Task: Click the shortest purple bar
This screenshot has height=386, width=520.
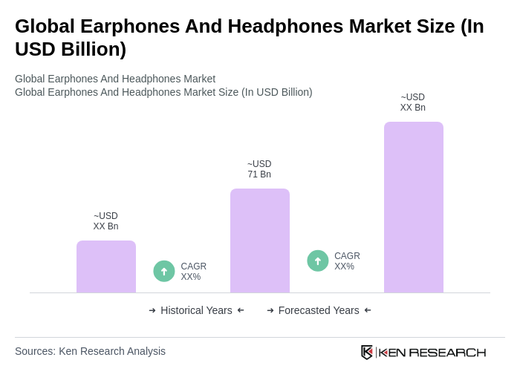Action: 106,266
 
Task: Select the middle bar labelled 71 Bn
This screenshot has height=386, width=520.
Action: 260,241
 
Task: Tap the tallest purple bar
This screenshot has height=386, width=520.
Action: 413,207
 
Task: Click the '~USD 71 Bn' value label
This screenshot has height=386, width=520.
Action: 259,169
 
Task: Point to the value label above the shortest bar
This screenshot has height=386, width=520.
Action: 105,221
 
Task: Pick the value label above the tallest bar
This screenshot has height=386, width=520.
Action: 413,102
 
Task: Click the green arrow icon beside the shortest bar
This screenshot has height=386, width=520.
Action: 164,272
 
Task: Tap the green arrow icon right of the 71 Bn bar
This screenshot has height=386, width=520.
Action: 318,261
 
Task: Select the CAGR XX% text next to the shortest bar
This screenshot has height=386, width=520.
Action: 193,272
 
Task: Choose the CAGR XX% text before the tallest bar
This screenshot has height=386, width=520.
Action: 347,261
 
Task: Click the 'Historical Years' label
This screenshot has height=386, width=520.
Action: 196,310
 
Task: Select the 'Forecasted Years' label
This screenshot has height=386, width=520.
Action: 319,310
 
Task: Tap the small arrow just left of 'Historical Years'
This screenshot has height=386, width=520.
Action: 152,310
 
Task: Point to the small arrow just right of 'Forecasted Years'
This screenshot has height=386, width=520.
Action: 368,310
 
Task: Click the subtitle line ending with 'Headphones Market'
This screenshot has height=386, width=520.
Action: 115,79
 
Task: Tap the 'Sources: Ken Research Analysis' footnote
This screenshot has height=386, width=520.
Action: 90,351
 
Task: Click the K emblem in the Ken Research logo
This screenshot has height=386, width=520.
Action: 367,352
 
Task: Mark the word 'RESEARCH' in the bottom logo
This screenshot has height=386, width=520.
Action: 447,352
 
